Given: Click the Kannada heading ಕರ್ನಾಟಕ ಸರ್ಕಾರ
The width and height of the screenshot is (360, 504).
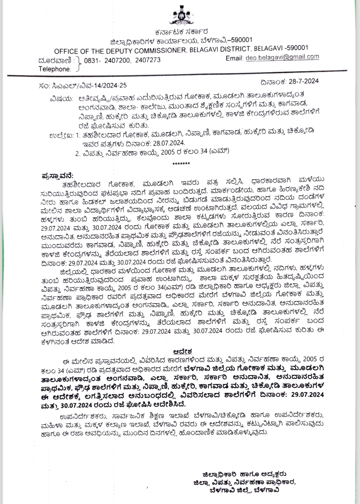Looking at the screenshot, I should click(182, 32).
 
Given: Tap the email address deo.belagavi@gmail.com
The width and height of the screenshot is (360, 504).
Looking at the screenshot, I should click(282, 57).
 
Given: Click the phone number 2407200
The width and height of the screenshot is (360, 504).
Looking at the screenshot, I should click(117, 60).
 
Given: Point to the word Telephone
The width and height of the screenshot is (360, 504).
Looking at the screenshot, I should click(54, 69).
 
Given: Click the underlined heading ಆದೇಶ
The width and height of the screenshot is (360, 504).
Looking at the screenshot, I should click(182, 351).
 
